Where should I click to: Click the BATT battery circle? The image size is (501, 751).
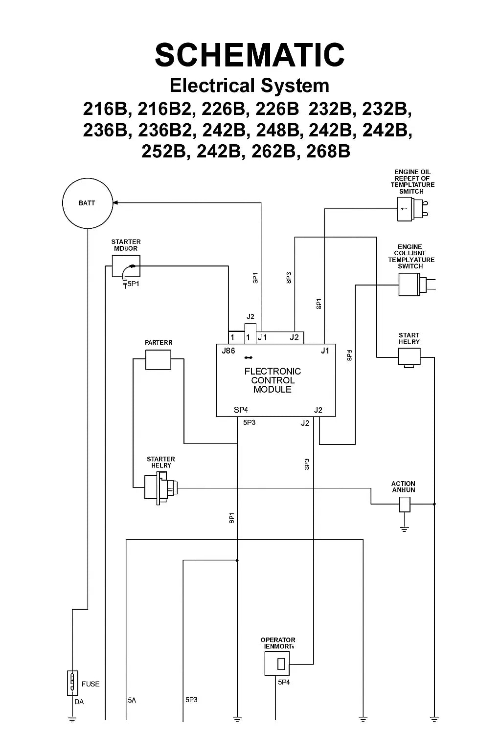tap(87, 203)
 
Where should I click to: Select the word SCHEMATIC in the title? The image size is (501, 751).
tap(250, 54)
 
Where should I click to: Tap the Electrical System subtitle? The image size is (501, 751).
tap(250, 86)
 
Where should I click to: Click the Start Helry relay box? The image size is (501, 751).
tap(409, 357)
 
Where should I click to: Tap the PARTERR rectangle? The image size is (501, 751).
tap(158, 360)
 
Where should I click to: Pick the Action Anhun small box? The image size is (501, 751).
tap(404, 504)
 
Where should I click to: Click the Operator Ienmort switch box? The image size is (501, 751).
tap(277, 664)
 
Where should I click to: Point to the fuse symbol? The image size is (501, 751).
tap(72, 683)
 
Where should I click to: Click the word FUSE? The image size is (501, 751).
tap(91, 684)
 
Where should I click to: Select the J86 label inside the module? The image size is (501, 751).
tap(228, 351)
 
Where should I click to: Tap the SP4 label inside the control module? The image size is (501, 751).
tap(241, 410)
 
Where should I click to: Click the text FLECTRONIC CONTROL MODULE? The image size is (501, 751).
tap(273, 380)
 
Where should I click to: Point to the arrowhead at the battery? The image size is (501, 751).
tap(115, 202)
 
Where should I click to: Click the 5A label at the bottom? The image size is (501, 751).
tap(132, 700)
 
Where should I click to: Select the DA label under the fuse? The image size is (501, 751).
tap(79, 702)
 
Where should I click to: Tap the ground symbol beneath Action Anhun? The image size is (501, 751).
tap(404, 529)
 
